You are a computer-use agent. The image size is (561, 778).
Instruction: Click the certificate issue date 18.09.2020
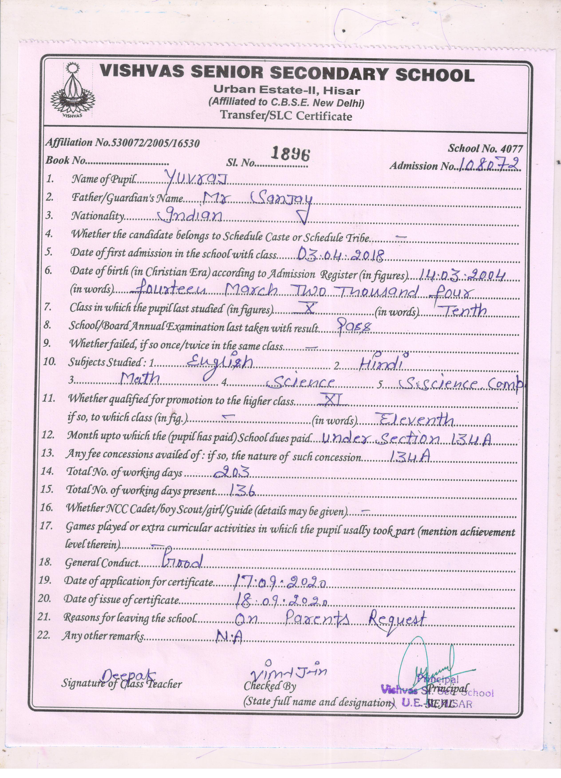click(281, 599)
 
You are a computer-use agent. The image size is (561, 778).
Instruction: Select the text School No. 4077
click(485, 149)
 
